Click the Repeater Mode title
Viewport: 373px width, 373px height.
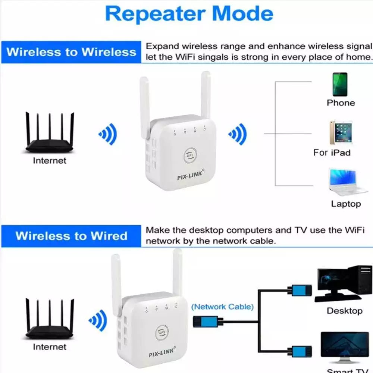[189, 14]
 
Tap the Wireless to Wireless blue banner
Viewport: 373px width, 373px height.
[71, 52]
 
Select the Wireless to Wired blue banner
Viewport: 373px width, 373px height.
[71, 236]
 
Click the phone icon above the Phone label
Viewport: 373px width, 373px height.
[340, 84]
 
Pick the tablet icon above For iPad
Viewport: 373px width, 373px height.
[340, 133]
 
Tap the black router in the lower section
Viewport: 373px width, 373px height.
[49, 321]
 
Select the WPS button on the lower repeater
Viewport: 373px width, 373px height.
[162, 332]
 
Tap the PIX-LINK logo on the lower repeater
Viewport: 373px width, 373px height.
[162, 352]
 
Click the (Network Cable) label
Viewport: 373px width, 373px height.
[222, 307]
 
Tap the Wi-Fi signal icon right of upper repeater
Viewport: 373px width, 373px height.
[238, 134]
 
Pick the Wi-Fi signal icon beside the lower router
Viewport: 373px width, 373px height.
[98, 320]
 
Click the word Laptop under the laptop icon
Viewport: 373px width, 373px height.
[346, 204]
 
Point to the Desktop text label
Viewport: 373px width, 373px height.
[344, 311]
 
